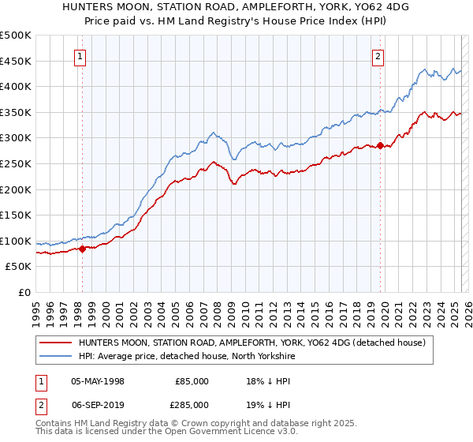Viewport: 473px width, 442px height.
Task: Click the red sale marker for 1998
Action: click(82, 249)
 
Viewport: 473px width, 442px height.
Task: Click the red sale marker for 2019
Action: click(379, 145)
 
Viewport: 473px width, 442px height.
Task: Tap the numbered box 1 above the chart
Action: click(82, 56)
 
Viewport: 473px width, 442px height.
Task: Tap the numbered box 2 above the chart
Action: click(379, 56)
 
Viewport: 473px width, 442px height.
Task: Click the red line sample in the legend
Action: click(55, 343)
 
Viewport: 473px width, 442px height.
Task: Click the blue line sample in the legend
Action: click(55, 356)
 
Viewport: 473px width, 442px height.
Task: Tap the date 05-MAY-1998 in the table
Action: click(98, 381)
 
